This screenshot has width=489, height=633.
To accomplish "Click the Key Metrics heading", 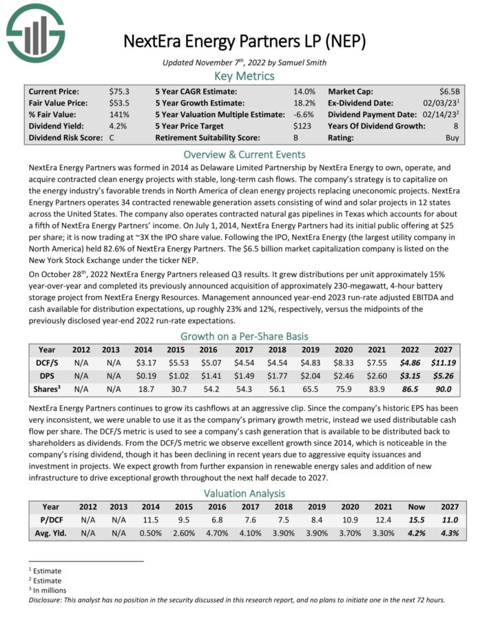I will pyautogui.click(x=244, y=76).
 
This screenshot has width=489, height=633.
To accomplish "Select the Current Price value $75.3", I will pyautogui.click(x=120, y=91).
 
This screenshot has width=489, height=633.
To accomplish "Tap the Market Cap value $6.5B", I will pyautogui.click(x=451, y=91).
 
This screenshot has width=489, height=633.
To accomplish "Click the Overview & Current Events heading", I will pyautogui.click(x=244, y=154).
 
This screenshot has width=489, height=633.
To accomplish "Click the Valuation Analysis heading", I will pyautogui.click(x=244, y=493).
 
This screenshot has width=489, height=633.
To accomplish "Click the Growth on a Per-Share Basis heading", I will pyautogui.click(x=244, y=337).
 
